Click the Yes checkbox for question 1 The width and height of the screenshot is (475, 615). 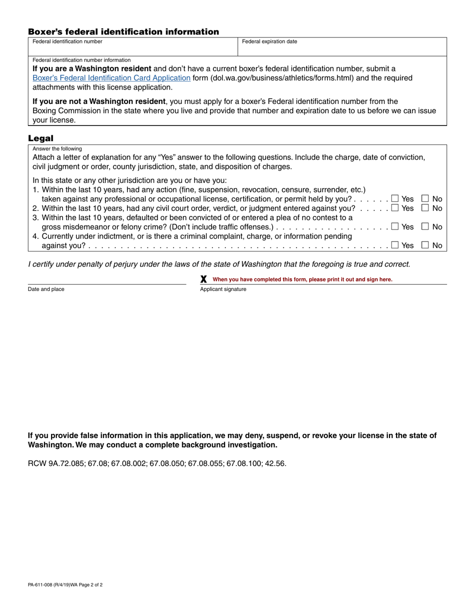[x=395, y=198]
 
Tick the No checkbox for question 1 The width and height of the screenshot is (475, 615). [x=425, y=198]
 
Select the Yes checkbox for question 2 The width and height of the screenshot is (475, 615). [x=395, y=208]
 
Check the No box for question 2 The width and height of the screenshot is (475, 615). [x=425, y=208]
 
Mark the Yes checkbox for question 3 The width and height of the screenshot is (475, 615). [x=395, y=226]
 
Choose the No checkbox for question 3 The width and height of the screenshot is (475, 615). [x=425, y=226]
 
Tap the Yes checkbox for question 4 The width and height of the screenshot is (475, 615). [x=395, y=245]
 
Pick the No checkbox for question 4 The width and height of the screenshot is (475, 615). [x=425, y=245]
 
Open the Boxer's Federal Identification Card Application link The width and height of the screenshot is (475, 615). [x=111, y=78]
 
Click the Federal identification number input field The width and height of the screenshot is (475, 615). [x=132, y=48]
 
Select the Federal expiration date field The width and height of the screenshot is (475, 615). [x=342, y=48]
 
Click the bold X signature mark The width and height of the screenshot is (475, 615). [x=203, y=279]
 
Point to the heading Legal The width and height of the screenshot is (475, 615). [x=40, y=138]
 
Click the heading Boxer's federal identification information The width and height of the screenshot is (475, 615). [x=123, y=32]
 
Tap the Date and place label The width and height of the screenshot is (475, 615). [x=46, y=289]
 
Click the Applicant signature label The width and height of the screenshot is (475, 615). [x=223, y=289]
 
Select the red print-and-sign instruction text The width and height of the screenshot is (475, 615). [x=302, y=279]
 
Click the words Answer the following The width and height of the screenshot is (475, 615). [x=57, y=149]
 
